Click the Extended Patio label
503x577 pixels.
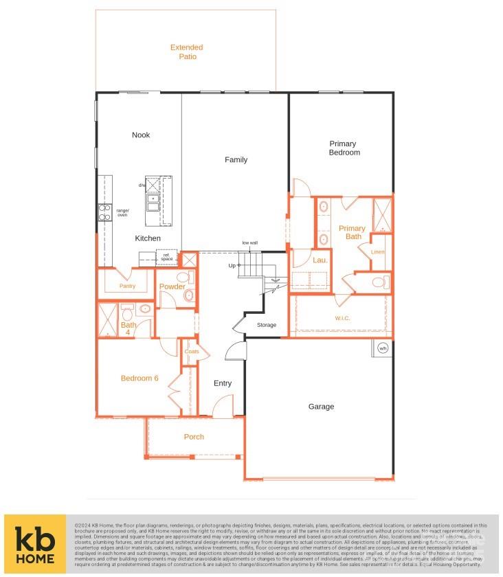(187, 52)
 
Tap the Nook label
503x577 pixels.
(141, 135)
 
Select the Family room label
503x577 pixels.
(236, 160)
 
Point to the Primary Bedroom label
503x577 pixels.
(343, 148)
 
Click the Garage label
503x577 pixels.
(321, 407)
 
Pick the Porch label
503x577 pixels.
(194, 437)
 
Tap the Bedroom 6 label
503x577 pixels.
(139, 378)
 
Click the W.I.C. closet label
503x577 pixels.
(343, 318)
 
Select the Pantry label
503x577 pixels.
(127, 286)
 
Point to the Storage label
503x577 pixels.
(267, 325)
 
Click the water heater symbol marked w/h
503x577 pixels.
(383, 348)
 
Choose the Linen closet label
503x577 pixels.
(378, 252)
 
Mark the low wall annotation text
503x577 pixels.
(249, 242)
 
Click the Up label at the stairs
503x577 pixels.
(232, 265)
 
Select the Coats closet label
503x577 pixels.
(192, 352)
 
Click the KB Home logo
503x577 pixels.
(35, 545)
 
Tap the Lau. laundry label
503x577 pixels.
(320, 260)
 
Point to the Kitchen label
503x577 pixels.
(148, 238)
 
